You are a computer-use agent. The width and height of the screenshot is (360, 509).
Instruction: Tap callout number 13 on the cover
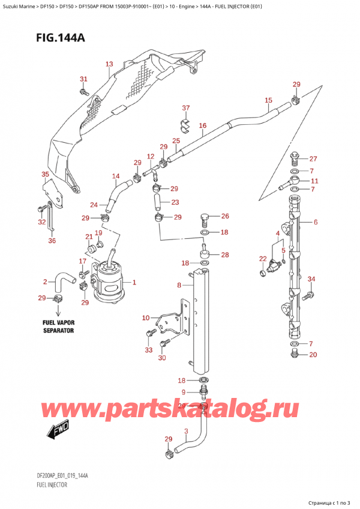point(109,64)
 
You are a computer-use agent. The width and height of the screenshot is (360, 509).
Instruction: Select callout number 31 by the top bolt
point(83,79)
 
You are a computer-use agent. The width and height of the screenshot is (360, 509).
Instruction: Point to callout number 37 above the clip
point(186,108)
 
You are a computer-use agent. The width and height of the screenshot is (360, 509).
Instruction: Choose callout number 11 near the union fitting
point(314,180)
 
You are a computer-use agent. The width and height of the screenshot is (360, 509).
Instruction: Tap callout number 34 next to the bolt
point(311,279)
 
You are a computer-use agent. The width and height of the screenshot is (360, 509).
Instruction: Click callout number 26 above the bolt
point(225,216)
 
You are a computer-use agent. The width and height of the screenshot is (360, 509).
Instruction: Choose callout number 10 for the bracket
point(145,318)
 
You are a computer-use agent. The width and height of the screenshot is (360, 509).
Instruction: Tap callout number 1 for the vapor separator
point(134,282)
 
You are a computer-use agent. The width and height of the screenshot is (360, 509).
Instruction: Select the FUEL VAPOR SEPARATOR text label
point(58,327)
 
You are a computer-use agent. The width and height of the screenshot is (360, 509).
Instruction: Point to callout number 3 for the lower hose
point(186,431)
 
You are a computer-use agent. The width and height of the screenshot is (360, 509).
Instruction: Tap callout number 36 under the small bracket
point(52,241)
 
